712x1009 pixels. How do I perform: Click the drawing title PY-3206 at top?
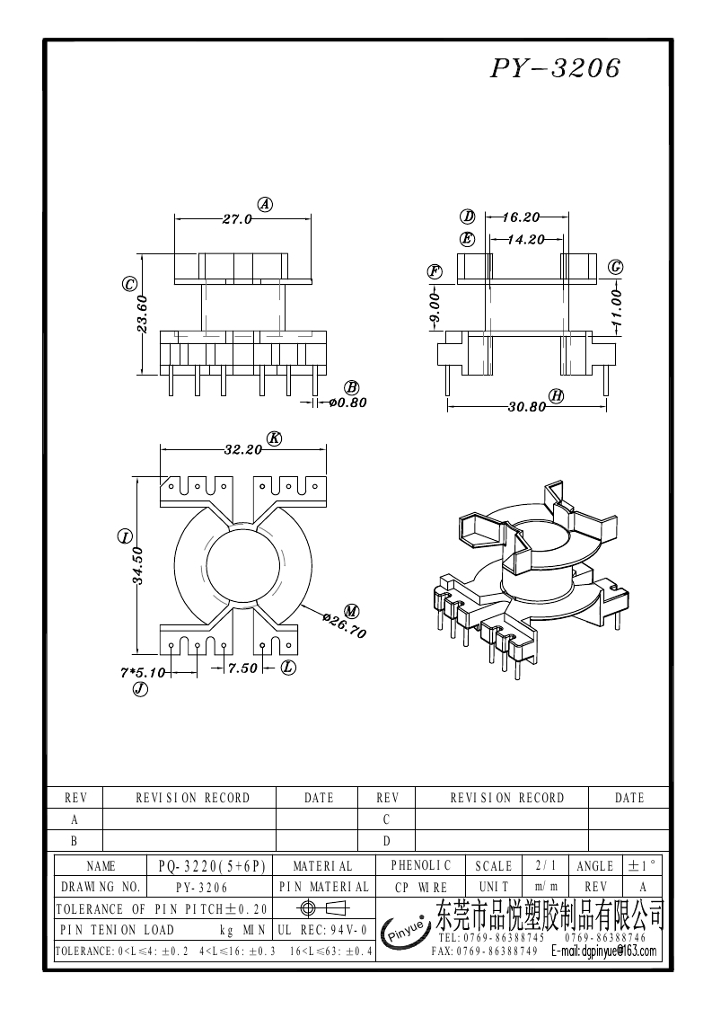(555, 69)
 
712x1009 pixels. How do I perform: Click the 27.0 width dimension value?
(237, 218)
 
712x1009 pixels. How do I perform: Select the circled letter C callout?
(129, 285)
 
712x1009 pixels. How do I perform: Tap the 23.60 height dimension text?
(143, 315)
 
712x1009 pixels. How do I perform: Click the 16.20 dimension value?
(521, 217)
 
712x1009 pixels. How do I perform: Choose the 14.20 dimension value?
(525, 240)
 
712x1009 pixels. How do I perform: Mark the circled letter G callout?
(616, 267)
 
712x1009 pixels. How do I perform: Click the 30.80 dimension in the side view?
(527, 406)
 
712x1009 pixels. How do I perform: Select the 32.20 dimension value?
(242, 448)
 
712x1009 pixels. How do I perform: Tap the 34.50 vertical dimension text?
(138, 565)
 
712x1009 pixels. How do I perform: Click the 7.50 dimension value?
(242, 668)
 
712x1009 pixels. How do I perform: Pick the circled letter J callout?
(139, 689)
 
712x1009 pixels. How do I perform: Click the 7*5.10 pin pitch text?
(143, 671)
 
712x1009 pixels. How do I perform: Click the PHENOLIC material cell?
(420, 865)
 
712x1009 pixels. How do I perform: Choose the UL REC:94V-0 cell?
(323, 930)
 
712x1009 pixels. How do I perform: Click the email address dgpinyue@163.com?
(603, 951)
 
